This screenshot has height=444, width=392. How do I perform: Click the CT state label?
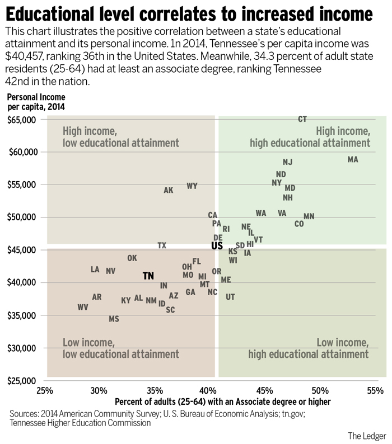302,119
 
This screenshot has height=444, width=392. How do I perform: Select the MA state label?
352,159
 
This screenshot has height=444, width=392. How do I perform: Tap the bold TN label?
148,276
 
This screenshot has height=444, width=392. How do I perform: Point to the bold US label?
217,245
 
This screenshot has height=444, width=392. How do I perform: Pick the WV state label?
83,307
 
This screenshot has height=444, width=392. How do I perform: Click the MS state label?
114,319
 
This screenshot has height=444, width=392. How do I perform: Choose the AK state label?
169,190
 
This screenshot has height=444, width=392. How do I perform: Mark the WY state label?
192,186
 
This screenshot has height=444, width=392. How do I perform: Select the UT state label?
230,297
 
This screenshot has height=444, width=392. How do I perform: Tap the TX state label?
162,245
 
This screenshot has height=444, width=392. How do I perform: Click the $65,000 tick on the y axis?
22,120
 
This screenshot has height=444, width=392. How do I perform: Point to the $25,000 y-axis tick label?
22,381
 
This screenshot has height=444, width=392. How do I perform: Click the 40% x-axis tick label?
209,390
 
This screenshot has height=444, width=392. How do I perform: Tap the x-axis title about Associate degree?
223,402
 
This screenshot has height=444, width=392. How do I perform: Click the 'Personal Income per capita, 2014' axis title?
36,101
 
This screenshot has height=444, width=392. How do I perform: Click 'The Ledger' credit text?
367,435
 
